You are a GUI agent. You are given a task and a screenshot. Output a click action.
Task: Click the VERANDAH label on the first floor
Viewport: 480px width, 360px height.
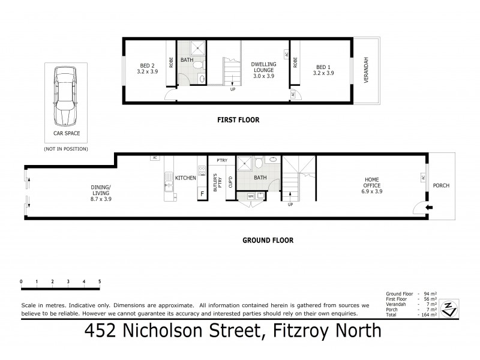point(367,71)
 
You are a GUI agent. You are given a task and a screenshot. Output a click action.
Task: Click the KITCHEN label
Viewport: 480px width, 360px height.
point(186,178)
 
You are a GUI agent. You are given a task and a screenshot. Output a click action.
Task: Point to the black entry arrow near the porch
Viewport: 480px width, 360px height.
point(427,208)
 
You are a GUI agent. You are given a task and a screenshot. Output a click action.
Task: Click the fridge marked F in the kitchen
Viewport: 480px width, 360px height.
point(202,193)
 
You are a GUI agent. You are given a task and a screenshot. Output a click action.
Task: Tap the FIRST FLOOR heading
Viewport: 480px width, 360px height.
point(238,120)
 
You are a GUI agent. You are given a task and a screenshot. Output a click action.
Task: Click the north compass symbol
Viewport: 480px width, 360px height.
point(448,308)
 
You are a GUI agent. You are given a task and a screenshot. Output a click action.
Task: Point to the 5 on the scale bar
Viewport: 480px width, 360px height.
point(100,281)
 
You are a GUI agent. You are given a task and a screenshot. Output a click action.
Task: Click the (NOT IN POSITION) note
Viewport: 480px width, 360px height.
point(66,148)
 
